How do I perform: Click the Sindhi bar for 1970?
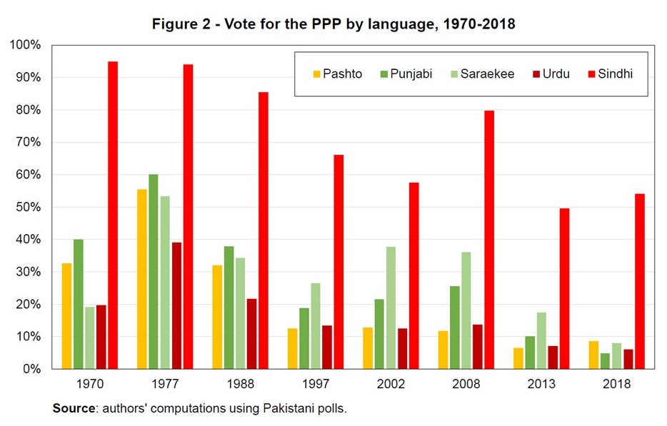tap(113, 215)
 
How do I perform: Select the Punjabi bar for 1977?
tap(154, 271)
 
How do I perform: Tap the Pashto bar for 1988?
tap(217, 317)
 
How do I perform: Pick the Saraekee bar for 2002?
tap(391, 308)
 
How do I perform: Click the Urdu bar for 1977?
tap(176, 305)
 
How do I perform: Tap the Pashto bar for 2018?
tap(594, 355)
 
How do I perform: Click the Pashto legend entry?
tap(337, 73)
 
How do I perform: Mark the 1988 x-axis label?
tap(240, 384)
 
